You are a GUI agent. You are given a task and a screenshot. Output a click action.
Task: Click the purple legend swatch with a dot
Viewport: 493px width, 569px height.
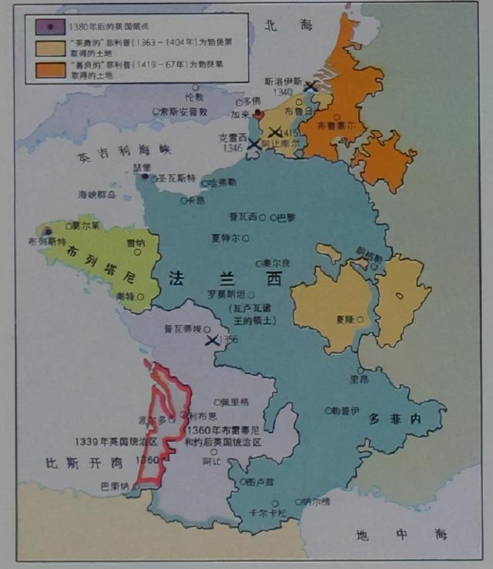click(x=51, y=26)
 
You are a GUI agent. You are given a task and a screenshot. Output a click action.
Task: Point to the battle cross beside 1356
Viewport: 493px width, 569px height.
click(x=212, y=339)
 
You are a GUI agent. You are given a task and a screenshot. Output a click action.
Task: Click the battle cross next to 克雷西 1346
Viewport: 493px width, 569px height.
click(x=253, y=144)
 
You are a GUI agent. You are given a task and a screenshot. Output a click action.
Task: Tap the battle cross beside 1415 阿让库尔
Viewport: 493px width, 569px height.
click(x=274, y=132)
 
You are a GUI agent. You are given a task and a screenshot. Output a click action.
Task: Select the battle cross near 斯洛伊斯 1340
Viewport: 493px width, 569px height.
click(x=310, y=86)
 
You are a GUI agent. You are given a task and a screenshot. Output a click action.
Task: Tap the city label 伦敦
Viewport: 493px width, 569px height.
click(x=194, y=98)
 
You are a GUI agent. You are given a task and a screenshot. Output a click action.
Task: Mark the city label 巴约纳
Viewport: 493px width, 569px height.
click(x=115, y=486)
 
